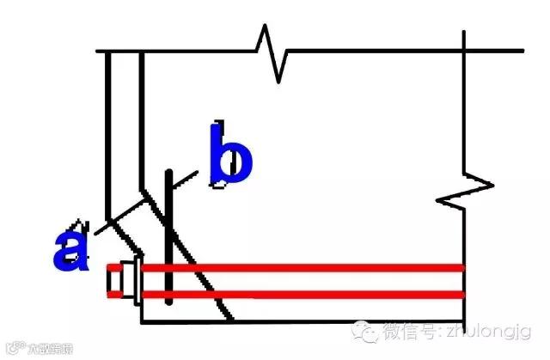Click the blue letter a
tap(71, 248)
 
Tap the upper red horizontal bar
tap(301, 268)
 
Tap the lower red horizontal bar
tap(301, 295)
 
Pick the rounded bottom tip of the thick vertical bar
tap(172, 302)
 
